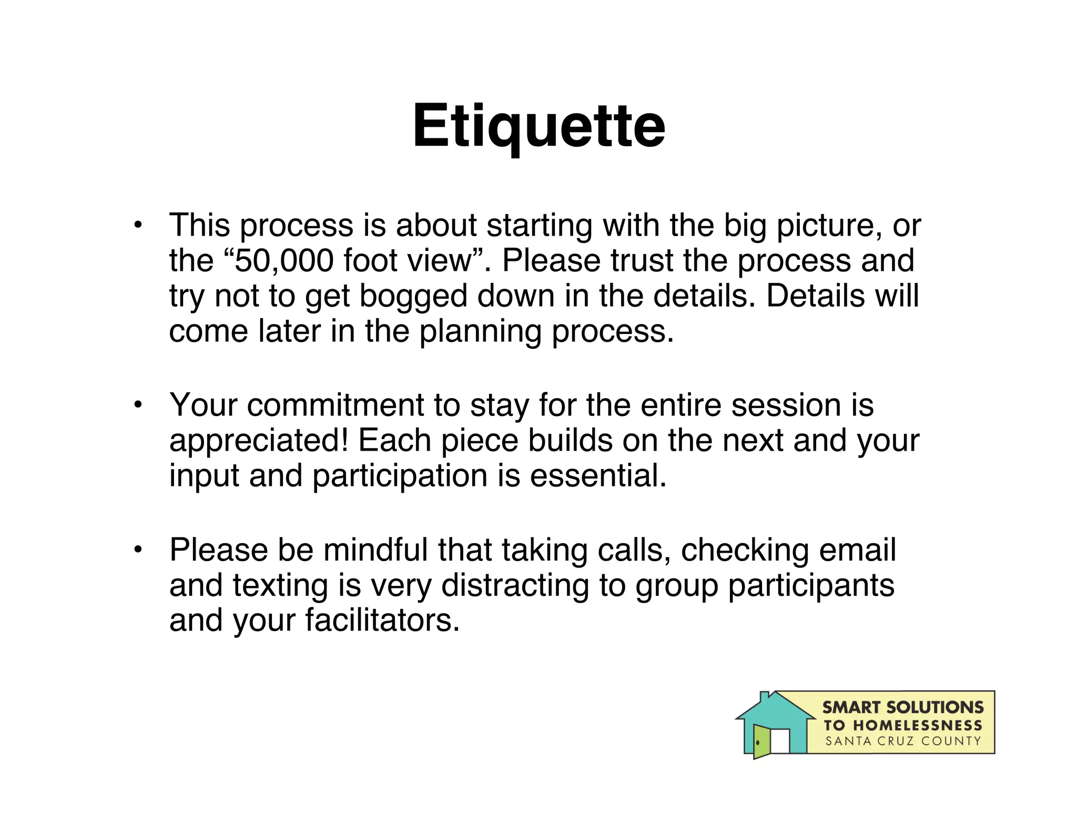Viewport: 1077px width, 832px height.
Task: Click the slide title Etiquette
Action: pyautogui.click(x=538, y=126)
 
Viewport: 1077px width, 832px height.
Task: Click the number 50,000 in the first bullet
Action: pyautogui.click(x=284, y=260)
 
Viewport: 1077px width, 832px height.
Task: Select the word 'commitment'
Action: pyautogui.click(x=336, y=405)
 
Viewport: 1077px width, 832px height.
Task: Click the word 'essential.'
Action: pyautogui.click(x=598, y=475)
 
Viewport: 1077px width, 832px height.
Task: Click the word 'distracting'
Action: pyautogui.click(x=515, y=585)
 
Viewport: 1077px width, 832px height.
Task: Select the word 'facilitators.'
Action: pyautogui.click(x=382, y=621)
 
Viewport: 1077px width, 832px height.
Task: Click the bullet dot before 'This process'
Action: pyautogui.click(x=138, y=226)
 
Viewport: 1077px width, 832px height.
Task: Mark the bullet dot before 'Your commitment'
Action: pyautogui.click(x=138, y=405)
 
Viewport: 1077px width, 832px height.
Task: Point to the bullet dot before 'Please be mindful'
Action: pyautogui.click(x=138, y=550)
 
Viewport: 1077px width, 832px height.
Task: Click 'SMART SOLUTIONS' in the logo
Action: pyautogui.click(x=902, y=707)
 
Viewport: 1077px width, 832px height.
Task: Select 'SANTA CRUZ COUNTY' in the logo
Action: pyautogui.click(x=902, y=741)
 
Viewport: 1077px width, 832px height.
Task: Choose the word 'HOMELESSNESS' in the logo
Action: pyautogui.click(x=917, y=725)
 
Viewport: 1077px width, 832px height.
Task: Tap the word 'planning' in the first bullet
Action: pyautogui.click(x=480, y=332)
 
